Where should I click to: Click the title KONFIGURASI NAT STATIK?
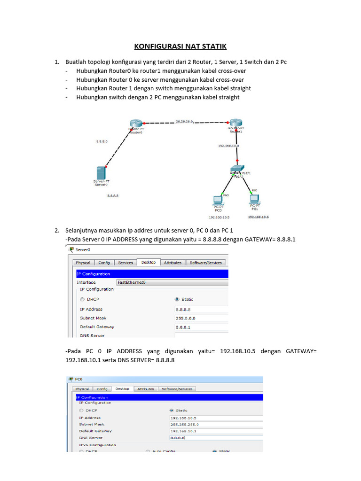point(180,46)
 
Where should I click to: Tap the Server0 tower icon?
point(100,172)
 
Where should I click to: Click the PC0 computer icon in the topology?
point(218,200)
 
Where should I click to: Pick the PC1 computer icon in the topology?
point(255,199)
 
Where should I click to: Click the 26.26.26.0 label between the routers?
point(185,121)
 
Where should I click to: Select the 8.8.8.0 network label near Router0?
point(102,141)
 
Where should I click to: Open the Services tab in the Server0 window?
point(126,263)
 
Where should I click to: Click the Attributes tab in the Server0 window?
point(173,263)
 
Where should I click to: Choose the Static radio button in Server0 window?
point(177,299)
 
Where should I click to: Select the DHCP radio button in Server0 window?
point(83,299)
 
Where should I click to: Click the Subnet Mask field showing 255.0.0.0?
point(201,318)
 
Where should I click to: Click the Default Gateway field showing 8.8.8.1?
point(201,327)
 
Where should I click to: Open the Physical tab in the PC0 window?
point(82,389)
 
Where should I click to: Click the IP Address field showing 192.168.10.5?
point(215,418)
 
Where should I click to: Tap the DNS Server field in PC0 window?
point(215,438)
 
